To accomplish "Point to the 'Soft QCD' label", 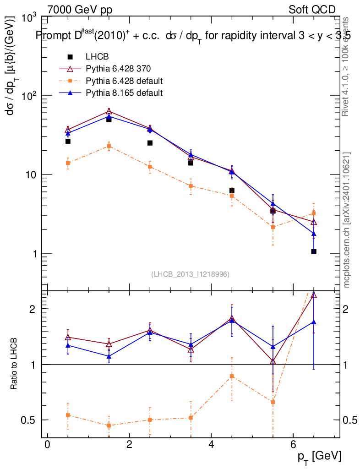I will [x=312, y=10].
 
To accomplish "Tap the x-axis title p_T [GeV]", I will [x=319, y=456].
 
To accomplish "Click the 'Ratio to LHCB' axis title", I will [x=15, y=364].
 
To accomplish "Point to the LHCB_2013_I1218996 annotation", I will [x=190, y=274].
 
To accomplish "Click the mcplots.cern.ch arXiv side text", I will [x=347, y=220].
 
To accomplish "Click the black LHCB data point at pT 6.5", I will [x=314, y=251].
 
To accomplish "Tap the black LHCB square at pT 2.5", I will [x=150, y=143].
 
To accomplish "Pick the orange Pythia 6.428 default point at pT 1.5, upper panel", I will [x=109, y=146].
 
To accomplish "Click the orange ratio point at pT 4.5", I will [x=232, y=376].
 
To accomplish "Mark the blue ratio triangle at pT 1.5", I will [x=109, y=356].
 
